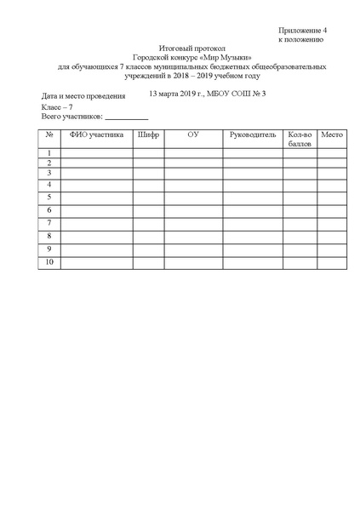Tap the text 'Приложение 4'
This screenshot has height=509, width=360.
point(302,30)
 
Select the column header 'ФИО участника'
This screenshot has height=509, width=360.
point(97,134)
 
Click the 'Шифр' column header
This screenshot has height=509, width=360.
point(147,134)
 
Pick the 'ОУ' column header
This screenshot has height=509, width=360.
point(193,134)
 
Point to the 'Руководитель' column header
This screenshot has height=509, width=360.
point(253,134)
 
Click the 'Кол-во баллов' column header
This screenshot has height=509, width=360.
point(300,139)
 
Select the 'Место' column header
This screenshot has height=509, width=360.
point(332,134)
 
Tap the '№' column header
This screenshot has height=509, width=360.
point(49,134)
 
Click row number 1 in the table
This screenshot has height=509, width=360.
point(49,153)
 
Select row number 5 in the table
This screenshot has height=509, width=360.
point(49,197)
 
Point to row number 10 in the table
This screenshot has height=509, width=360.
point(49,262)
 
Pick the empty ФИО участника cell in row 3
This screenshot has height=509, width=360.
point(97,172)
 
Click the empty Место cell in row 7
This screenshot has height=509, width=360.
point(332,223)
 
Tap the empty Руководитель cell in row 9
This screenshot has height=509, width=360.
point(253,249)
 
